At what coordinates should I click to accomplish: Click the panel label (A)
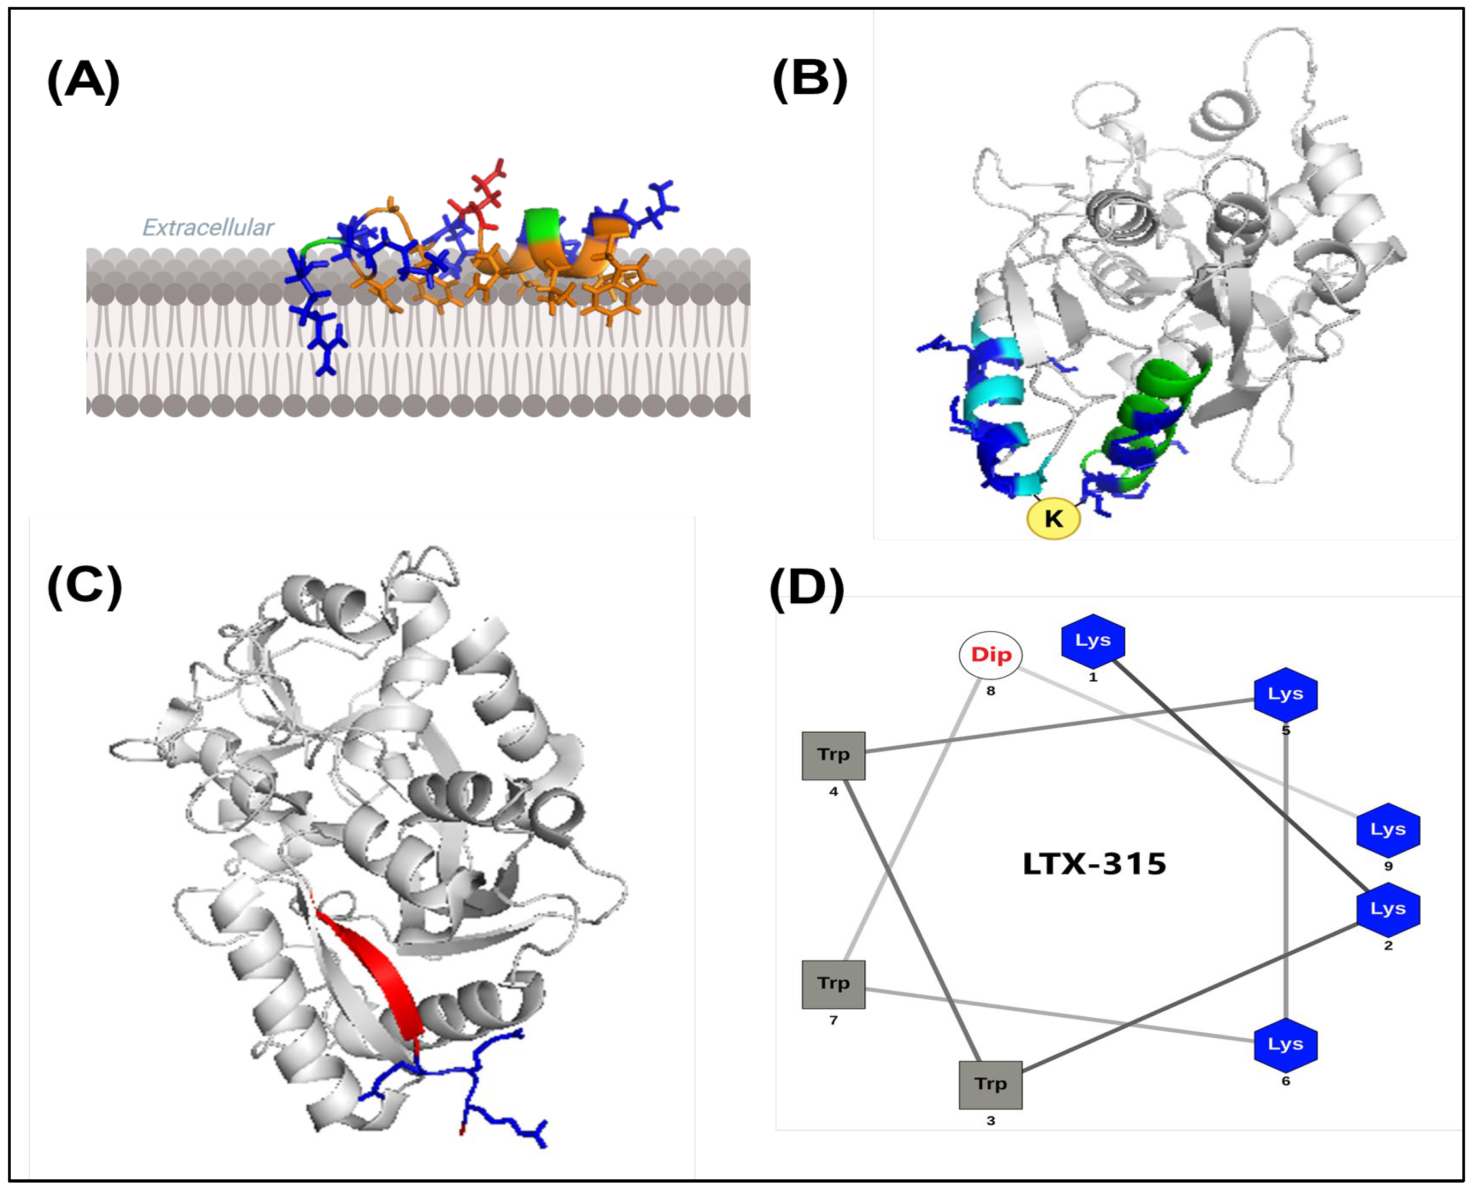84,82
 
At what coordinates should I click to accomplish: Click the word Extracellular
208,228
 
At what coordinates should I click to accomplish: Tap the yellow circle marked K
1053,519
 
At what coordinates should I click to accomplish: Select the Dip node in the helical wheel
990,655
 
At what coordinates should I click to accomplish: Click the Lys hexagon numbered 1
1092,641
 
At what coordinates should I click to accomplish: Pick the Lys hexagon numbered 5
1285,695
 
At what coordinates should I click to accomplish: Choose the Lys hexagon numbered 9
1388,830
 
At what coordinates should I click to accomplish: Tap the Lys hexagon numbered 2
1388,909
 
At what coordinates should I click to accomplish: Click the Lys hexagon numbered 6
1285,1045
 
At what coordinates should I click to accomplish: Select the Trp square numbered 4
833,755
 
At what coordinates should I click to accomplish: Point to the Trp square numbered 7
833,984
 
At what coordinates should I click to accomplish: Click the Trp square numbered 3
990,1085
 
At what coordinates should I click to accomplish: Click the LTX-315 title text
1094,864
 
